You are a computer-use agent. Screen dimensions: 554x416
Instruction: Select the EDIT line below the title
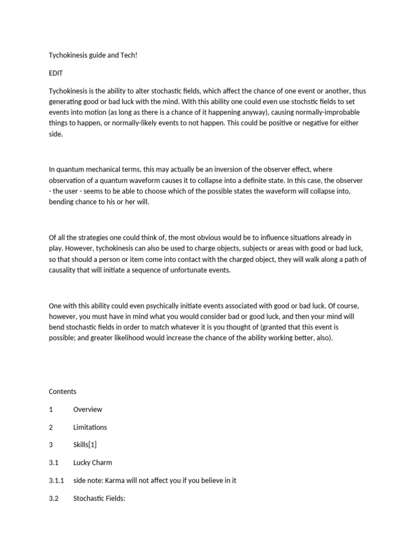pos(56,72)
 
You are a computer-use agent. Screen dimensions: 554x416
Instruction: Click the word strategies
pos(94,238)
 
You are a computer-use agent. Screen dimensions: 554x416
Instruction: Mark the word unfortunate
pos(191,270)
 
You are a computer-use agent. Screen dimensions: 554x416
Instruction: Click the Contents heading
pos(63,391)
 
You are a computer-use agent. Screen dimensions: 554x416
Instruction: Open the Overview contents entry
pos(88,409)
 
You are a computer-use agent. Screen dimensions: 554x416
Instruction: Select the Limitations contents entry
pos(90,427)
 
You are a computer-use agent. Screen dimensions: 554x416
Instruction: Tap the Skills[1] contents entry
pos(85,445)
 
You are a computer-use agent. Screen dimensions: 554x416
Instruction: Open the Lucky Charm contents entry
pos(93,463)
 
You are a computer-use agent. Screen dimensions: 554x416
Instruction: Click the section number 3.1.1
pos(56,480)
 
